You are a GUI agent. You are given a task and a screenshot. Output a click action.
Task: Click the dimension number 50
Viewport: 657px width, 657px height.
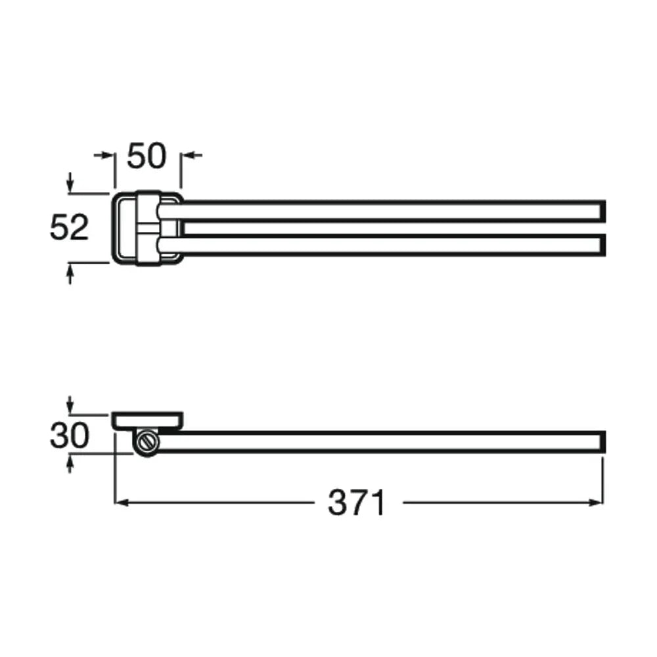tap(147, 156)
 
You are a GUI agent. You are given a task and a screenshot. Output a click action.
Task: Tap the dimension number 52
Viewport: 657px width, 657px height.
tap(70, 227)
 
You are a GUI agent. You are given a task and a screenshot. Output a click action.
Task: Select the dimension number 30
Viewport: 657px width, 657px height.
tap(70, 436)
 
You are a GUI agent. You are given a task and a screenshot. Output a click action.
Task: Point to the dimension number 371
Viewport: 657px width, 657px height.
tap(356, 503)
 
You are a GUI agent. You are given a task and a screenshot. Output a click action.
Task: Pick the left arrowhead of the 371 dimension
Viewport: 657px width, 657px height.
tap(121, 503)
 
